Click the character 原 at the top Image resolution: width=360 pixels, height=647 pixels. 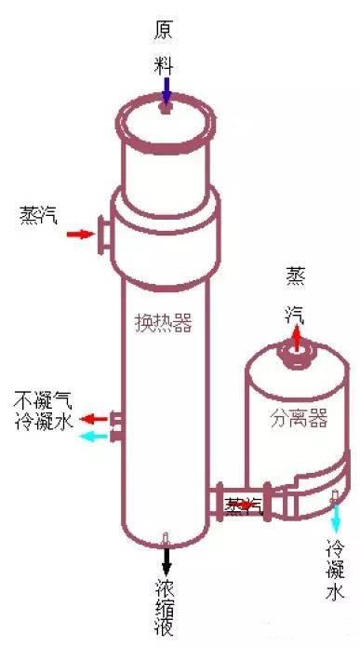point(165,31)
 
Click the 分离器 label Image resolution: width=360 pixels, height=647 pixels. point(299,418)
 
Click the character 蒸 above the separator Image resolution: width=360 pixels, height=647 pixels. point(295,276)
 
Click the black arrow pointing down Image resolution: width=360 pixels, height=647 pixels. point(167,559)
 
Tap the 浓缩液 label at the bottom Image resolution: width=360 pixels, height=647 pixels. point(167,610)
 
